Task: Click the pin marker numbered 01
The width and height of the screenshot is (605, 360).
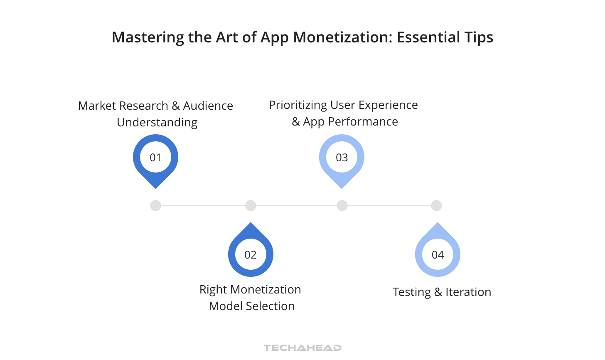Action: click(x=155, y=158)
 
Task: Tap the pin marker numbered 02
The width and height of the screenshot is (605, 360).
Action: click(x=251, y=254)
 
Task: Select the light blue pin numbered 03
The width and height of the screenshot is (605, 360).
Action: click(x=342, y=158)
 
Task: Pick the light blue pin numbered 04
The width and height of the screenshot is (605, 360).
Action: click(x=438, y=254)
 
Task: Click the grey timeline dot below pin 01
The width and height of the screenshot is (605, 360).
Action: click(x=155, y=205)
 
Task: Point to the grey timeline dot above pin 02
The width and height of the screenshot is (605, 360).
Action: click(x=251, y=205)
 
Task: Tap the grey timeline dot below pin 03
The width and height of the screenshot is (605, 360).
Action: click(x=342, y=205)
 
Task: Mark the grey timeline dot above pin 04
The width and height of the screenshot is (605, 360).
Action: click(x=436, y=205)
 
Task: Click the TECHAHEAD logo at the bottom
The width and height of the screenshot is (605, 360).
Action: click(x=302, y=348)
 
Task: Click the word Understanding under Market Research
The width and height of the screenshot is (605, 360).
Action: click(x=157, y=123)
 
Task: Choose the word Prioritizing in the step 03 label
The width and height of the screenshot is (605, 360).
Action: click(x=298, y=105)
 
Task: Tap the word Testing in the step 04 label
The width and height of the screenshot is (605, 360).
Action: click(x=412, y=292)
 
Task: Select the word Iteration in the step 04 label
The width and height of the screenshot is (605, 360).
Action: click(x=468, y=292)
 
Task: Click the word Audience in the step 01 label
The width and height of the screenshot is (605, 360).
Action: click(x=208, y=106)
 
